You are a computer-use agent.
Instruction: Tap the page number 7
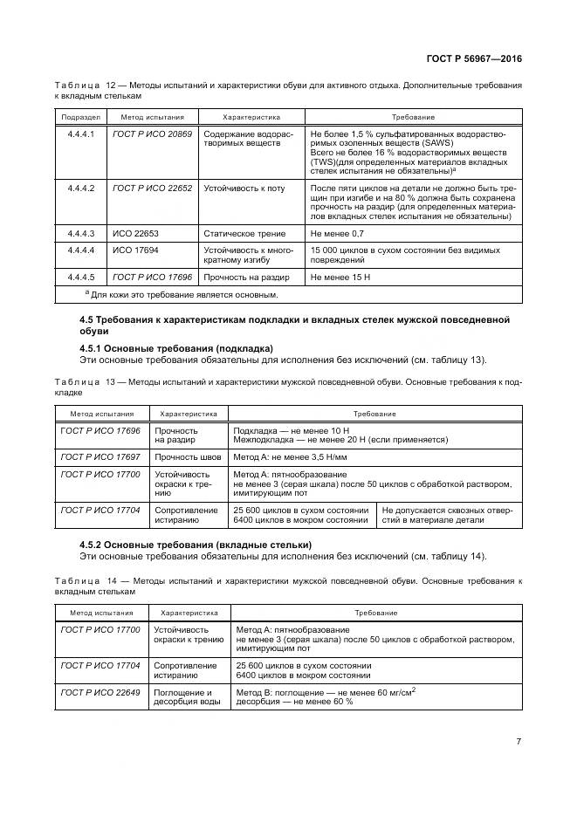pyautogui.click(x=519, y=742)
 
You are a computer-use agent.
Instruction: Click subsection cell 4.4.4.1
pyautogui.click(x=80, y=134)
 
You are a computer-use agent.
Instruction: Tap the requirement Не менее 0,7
pyautogui.click(x=337, y=235)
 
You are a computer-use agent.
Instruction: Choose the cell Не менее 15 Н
pyautogui.click(x=340, y=277)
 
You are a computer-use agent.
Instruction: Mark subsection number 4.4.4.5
pyautogui.click(x=80, y=277)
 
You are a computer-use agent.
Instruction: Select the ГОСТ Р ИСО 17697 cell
pyautogui.click(x=100, y=456)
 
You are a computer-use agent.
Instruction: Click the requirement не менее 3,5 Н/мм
pyautogui.click(x=291, y=456)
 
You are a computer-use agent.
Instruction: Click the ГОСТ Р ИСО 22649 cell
pyautogui.click(x=100, y=692)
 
